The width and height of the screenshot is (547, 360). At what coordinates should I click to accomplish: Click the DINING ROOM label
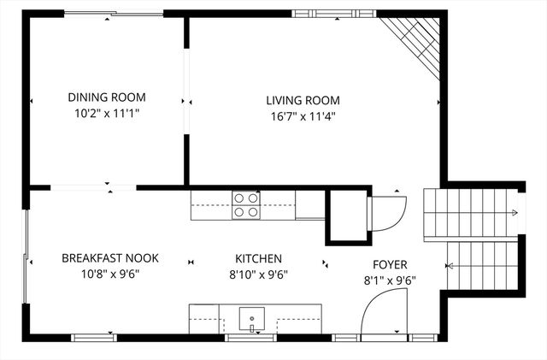tap(107, 97)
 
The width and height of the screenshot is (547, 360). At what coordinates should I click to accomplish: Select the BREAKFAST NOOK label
tap(110, 258)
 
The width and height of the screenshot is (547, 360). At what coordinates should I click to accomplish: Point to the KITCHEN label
tap(259, 258)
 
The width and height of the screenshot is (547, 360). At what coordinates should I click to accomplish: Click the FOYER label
tap(389, 264)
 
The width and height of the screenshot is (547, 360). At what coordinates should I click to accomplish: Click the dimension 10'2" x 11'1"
tap(107, 113)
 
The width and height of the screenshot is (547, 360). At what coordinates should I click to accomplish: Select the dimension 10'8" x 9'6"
tap(110, 274)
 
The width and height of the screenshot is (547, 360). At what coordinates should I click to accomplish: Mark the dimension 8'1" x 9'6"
tap(389, 280)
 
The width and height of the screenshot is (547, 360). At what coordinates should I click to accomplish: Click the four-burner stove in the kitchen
tap(246, 205)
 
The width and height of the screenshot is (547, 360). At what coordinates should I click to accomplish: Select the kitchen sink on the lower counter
tap(251, 319)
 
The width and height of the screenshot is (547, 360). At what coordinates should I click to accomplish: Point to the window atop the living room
tap(326, 13)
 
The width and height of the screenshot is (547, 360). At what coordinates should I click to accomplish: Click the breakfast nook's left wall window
tap(26, 257)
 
